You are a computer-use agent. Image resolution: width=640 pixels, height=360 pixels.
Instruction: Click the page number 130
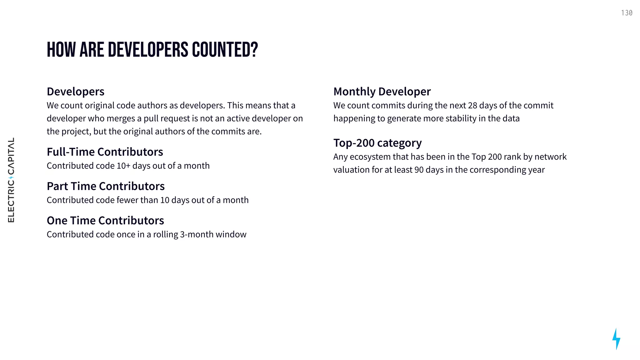[x=627, y=13]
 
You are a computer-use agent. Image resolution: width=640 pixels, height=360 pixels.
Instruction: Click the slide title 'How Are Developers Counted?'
[x=152, y=50]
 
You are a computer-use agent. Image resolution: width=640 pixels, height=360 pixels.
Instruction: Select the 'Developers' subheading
[x=76, y=92]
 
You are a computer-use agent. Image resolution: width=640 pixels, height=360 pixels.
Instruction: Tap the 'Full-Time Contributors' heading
[x=105, y=152]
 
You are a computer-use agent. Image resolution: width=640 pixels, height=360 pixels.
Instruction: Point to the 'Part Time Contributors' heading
[x=106, y=186]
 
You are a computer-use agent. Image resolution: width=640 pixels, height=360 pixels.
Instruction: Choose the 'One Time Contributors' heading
[x=105, y=221]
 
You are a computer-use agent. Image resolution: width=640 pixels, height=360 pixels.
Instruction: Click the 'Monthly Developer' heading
[x=382, y=92]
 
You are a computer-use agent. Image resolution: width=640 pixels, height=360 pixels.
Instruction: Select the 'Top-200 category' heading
[x=377, y=143]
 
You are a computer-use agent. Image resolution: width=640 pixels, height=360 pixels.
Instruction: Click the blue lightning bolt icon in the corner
[x=616, y=339]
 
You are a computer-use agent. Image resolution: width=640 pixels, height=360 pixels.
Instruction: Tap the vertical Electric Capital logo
[x=11, y=180]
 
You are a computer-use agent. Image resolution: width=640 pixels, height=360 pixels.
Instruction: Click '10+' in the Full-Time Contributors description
[x=123, y=166]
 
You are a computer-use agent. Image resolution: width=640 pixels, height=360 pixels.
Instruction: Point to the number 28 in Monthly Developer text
[x=472, y=106]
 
